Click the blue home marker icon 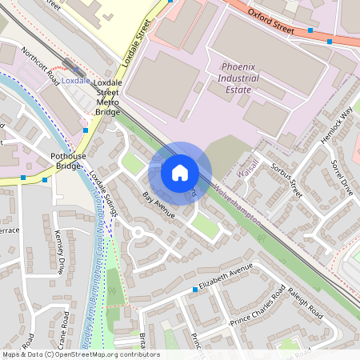(x=180, y=171)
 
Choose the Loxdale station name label (x=75, y=81)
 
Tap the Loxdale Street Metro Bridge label (x=107, y=97)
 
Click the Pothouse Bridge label (x=67, y=160)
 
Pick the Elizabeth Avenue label (x=226, y=276)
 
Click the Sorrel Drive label (x=342, y=178)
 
